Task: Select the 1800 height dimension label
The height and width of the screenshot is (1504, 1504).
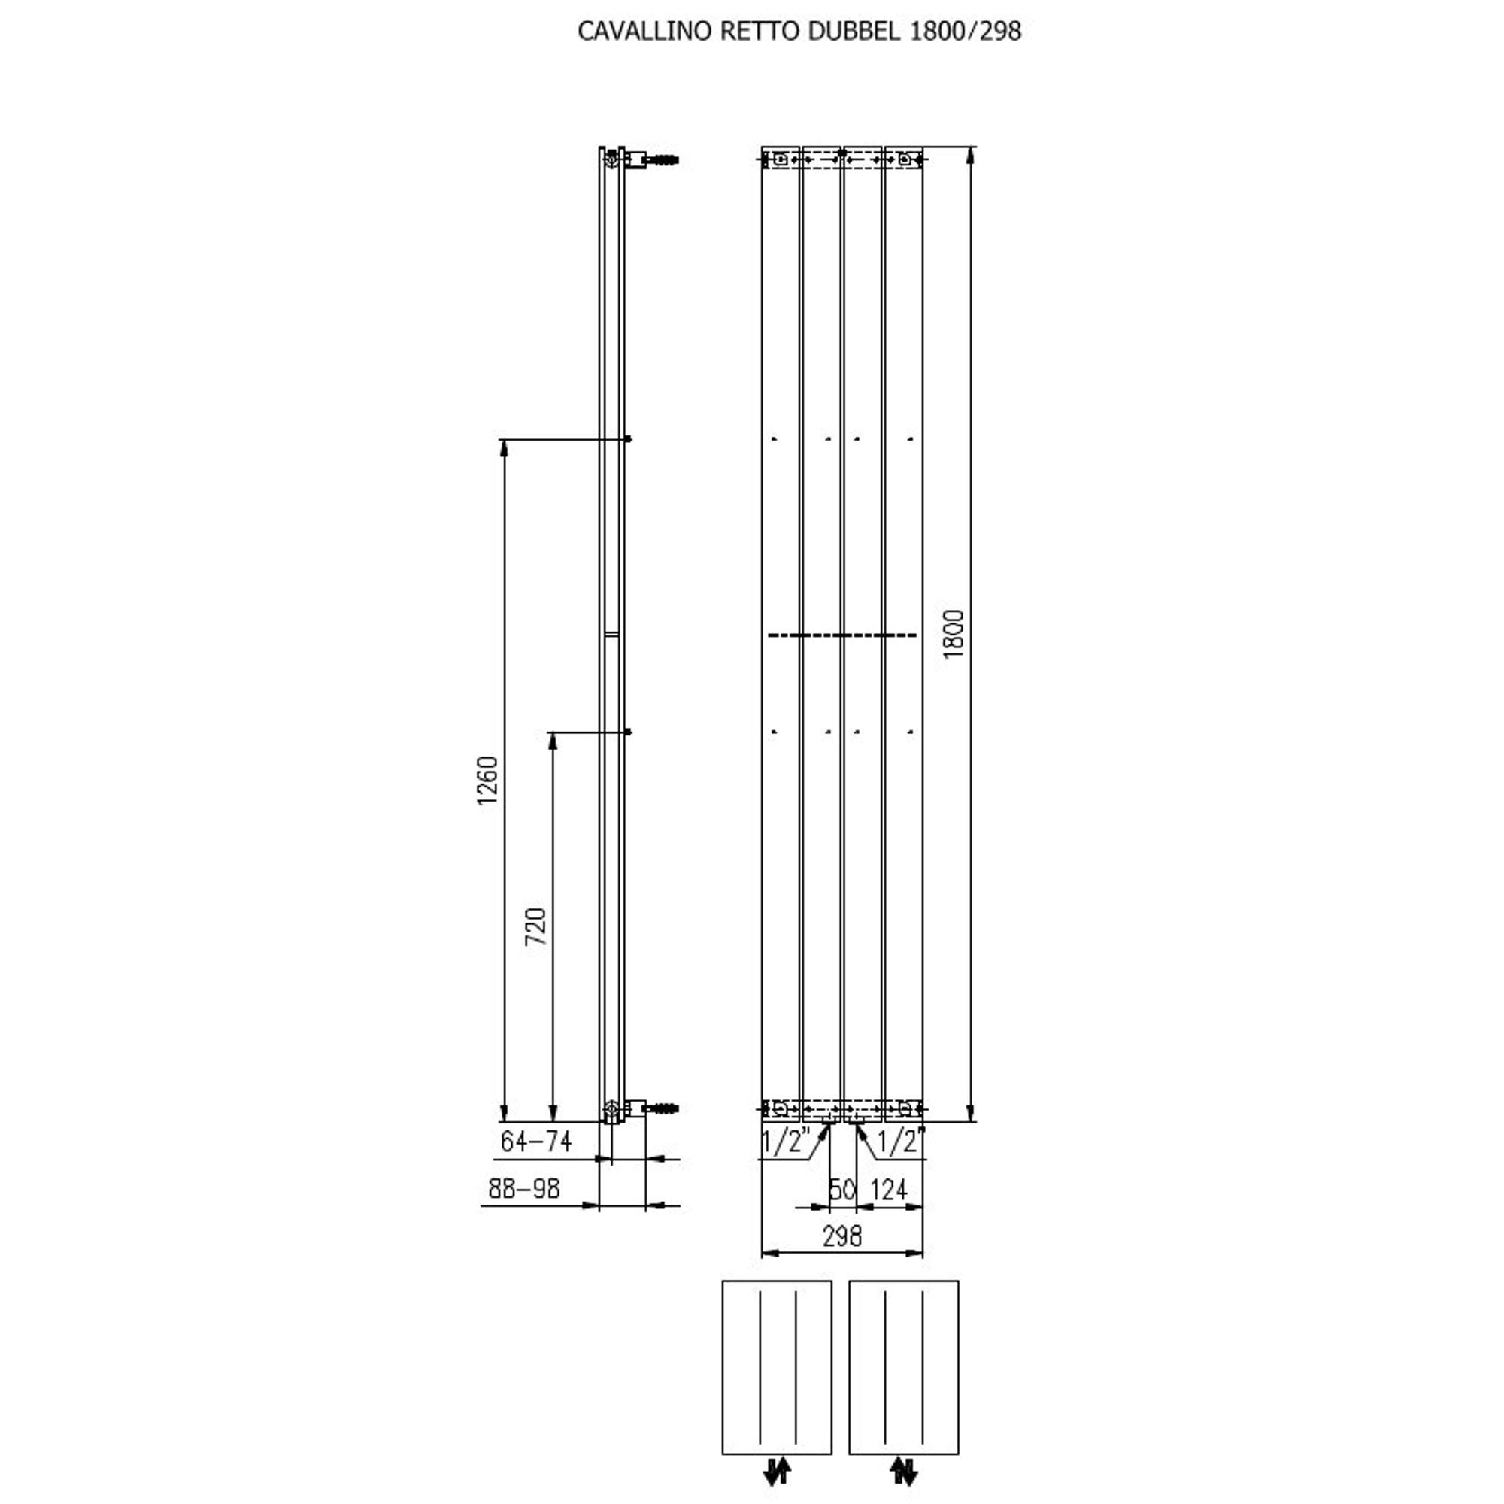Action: coord(954,634)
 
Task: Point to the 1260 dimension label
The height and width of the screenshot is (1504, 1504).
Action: coord(487,781)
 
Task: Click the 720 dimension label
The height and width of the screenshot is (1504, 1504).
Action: coord(535,926)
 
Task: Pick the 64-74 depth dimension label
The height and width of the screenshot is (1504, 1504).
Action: coord(535,1142)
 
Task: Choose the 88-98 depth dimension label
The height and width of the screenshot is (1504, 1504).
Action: coord(524,1189)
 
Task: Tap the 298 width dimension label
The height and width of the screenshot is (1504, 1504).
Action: coord(842,1236)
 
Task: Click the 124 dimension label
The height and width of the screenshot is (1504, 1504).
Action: coord(888,1190)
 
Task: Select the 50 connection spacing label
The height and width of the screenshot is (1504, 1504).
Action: coord(842,1190)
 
